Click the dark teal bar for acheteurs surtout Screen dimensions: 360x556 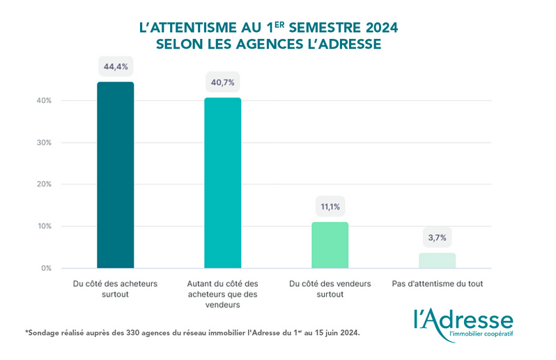tap(115, 175)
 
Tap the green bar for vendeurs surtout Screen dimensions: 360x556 tap(330, 245)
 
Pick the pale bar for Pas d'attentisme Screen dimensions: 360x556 tap(438, 260)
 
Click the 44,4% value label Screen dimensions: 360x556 tap(116, 67)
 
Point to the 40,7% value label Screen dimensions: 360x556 tap(222, 82)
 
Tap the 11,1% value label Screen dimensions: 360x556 tap(330, 207)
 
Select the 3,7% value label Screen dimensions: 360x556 tap(438, 238)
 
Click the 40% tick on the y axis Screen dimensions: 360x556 tap(44, 101)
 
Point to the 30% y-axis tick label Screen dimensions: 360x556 tap(44, 143)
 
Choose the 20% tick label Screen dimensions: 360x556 tap(44, 185)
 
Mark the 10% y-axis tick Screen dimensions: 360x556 tap(44, 226)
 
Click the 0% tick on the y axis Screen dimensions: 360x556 tap(46, 268)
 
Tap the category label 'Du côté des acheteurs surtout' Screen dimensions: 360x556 tap(116, 289)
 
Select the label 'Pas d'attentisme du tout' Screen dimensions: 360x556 tap(438, 284)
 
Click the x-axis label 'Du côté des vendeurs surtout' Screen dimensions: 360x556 tap(330, 289)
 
